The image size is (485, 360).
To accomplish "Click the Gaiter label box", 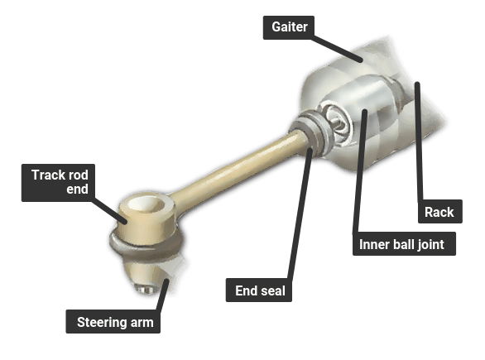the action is (x=289, y=27).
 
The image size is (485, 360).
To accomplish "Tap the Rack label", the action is (x=439, y=212).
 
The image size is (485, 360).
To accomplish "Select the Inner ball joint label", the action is (x=404, y=243).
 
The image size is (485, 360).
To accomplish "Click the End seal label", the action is (x=259, y=290).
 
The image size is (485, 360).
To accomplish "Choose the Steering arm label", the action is (x=113, y=322).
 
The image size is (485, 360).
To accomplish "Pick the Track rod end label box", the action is (x=58, y=182).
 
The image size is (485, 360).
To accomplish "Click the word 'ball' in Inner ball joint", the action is (x=401, y=244).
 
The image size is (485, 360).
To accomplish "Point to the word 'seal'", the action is (x=273, y=290).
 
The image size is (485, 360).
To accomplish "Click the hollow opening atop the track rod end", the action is (x=146, y=204).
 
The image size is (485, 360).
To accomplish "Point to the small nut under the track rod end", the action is (x=146, y=290).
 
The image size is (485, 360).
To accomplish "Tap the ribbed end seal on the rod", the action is (x=311, y=133).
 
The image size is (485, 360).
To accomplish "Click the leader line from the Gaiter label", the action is (x=337, y=49).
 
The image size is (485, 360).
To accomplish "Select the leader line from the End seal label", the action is (x=300, y=214).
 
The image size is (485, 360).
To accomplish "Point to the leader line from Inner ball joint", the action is (x=360, y=171).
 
